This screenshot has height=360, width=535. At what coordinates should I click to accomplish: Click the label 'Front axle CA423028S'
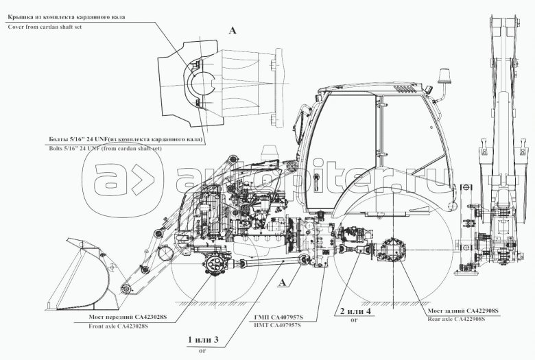[119, 326]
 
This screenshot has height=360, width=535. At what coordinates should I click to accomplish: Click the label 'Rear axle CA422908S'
[456, 320]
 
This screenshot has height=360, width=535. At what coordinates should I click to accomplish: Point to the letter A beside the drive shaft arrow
[283, 281]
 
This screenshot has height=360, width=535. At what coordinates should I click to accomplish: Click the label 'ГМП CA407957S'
[277, 317]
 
